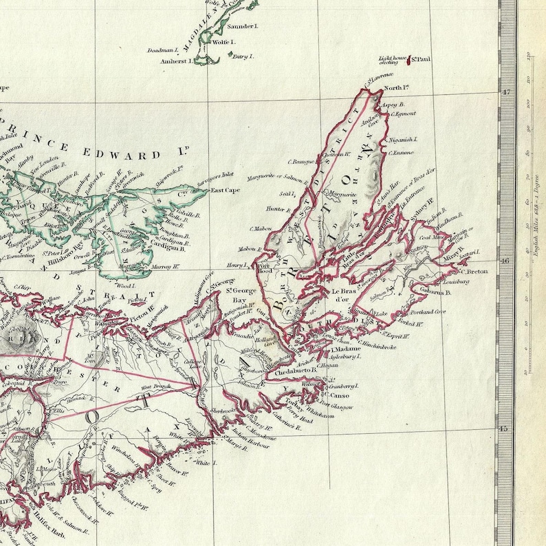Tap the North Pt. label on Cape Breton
click(x=396, y=88)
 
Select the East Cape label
click(x=225, y=190)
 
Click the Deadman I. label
click(x=163, y=50)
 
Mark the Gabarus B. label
click(x=435, y=292)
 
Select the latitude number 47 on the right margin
click(x=508, y=92)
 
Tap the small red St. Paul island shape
click(x=411, y=62)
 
